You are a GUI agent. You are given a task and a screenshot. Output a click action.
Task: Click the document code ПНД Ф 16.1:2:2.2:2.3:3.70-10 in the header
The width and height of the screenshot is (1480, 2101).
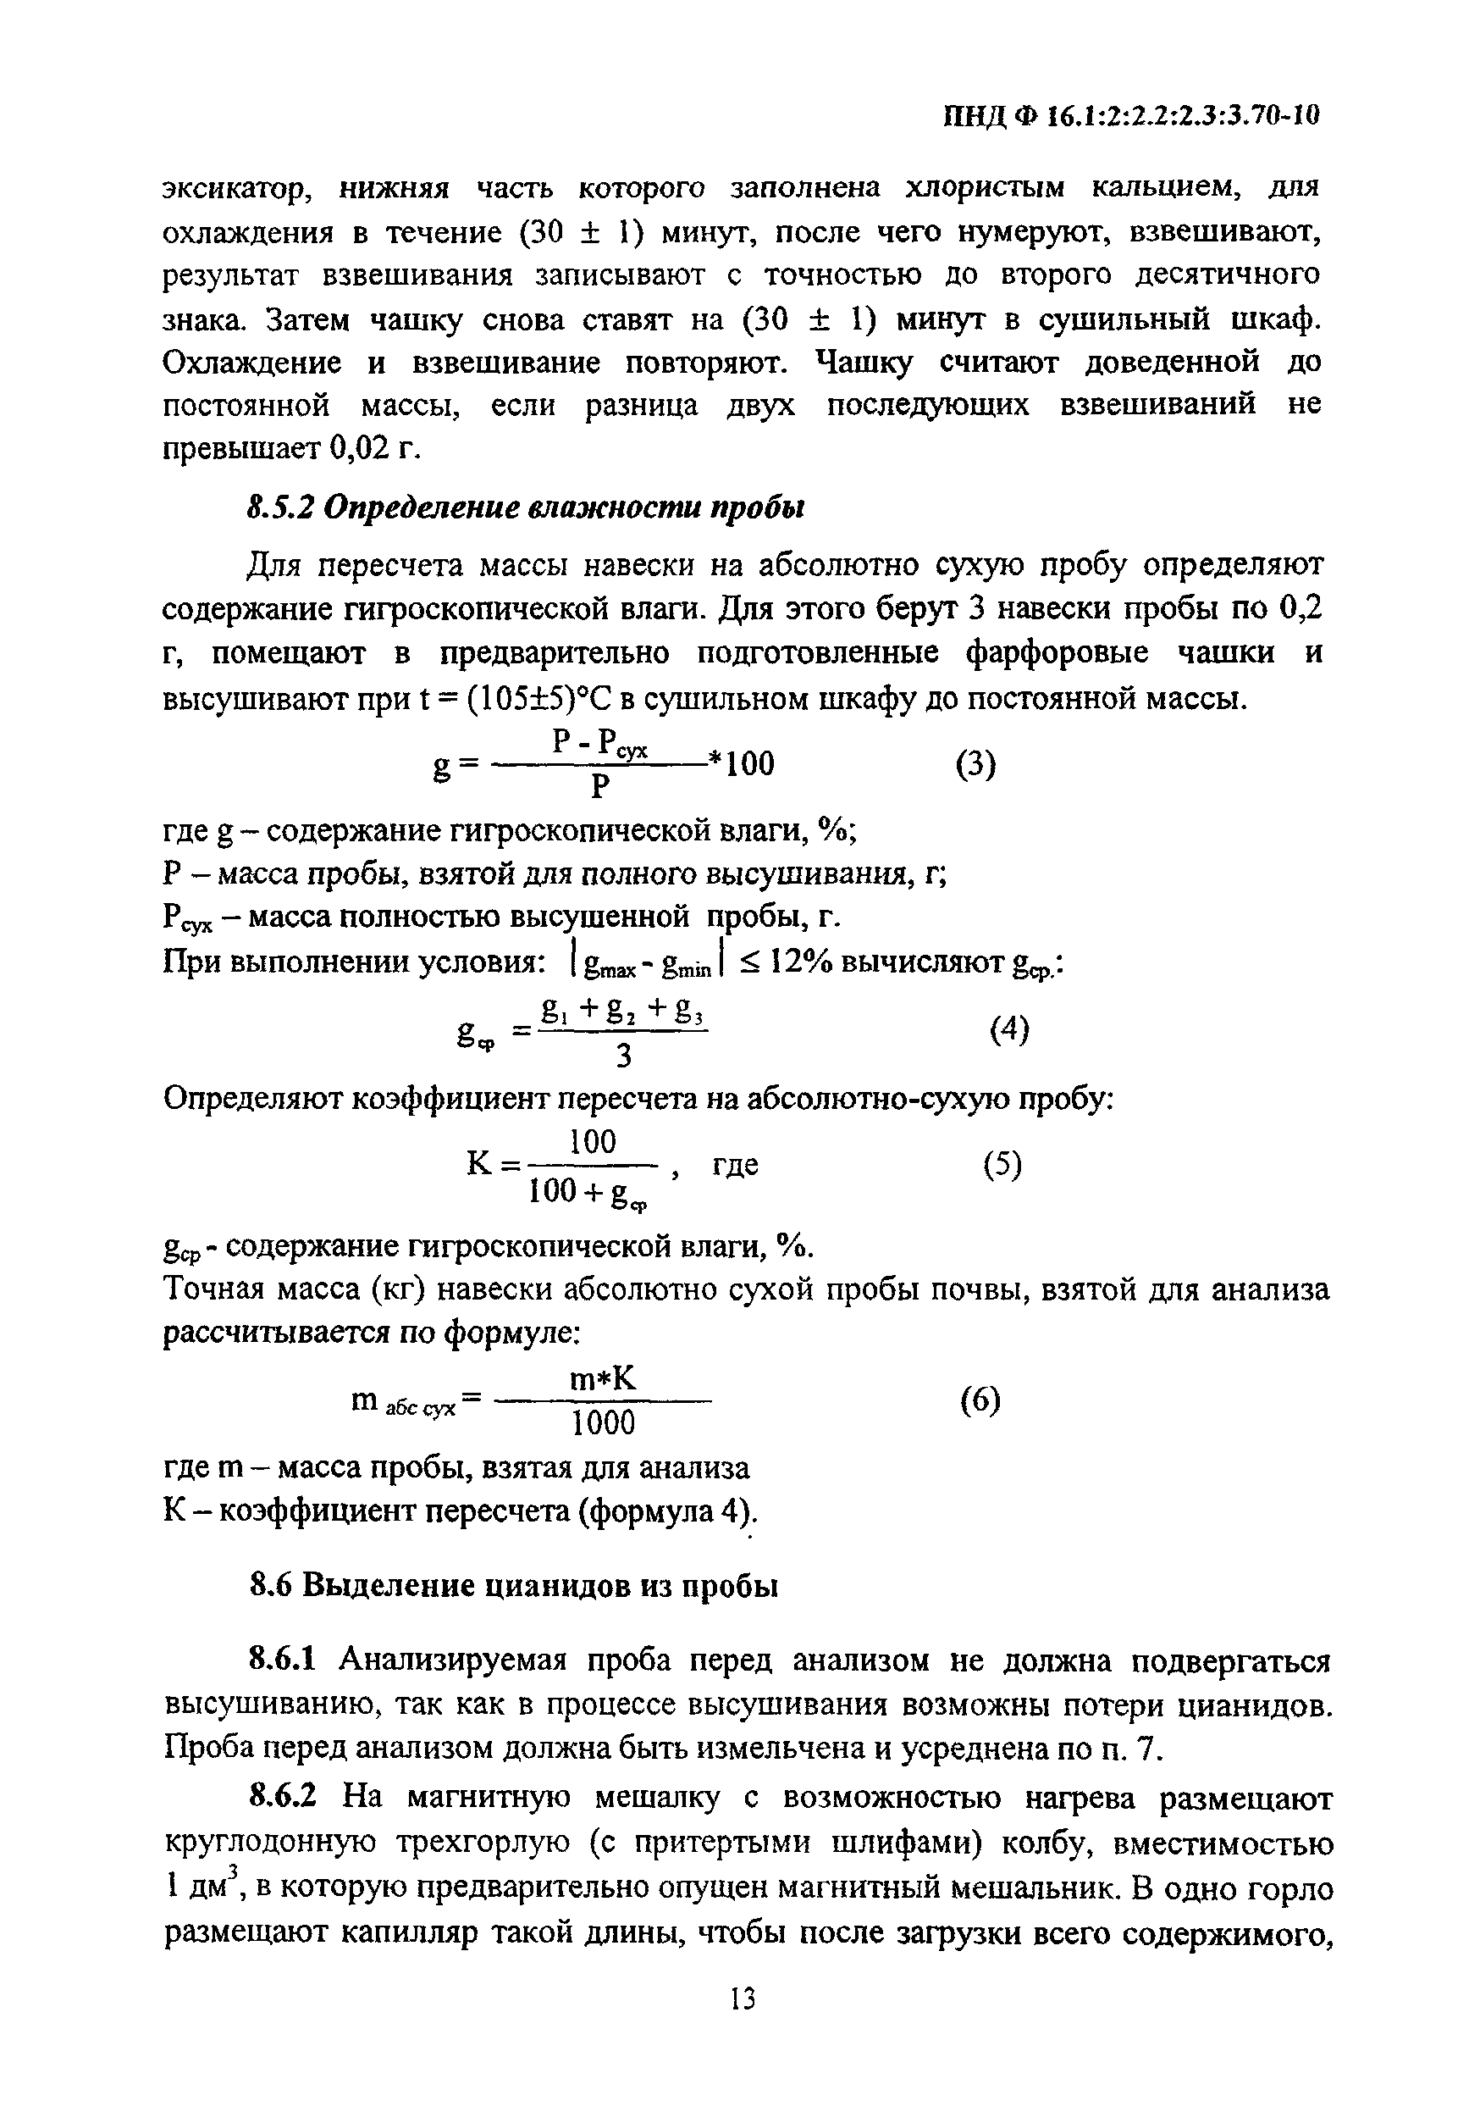[1131, 116]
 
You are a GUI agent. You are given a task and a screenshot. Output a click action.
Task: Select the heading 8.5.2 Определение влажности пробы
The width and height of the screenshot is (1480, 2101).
[526, 507]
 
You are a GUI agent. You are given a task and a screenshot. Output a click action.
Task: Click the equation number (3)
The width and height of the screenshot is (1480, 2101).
[975, 763]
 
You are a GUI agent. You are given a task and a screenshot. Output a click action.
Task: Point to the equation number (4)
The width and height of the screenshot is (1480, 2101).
[1009, 1029]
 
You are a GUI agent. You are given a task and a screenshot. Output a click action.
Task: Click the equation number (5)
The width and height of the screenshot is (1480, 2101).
[1002, 1164]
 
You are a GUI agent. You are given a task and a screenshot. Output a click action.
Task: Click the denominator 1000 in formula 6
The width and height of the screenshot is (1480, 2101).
[603, 1424]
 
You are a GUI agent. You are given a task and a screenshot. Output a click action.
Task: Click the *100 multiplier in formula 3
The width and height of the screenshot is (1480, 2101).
[742, 763]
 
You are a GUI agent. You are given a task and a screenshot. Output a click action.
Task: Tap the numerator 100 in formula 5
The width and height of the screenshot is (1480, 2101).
[593, 1142]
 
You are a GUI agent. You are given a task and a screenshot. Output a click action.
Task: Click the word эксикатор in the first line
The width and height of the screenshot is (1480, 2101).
[239, 190]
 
